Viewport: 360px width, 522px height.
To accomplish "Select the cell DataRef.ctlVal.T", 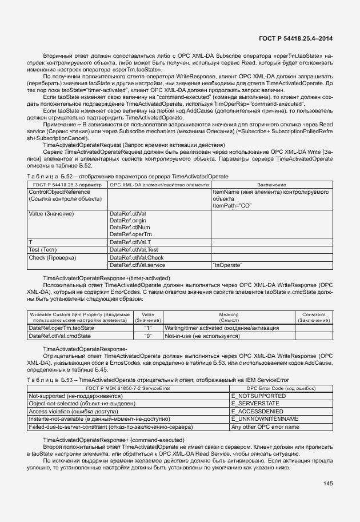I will point(129,242).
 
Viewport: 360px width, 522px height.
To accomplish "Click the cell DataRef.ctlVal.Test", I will point(133,250).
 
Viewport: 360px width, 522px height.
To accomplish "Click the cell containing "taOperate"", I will point(227,265).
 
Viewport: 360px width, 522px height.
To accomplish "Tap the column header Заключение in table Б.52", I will point(272,185).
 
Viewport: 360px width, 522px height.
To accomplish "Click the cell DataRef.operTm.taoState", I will point(61,328).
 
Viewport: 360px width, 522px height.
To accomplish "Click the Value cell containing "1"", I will point(147,328).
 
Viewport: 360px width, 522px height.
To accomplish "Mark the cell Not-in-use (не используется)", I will point(202,336).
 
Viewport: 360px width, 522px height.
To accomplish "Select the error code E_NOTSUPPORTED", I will point(258,396).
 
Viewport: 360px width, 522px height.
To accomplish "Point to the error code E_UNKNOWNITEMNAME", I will point(265,419).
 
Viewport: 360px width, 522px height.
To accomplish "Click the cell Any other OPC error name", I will point(265,427).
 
